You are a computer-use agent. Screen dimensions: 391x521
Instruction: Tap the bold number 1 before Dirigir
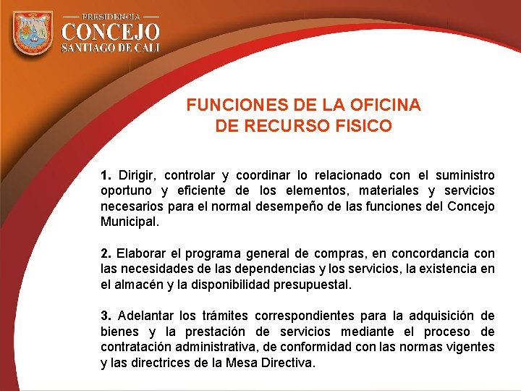click(106, 175)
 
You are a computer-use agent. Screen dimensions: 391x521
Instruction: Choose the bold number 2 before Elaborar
click(106, 253)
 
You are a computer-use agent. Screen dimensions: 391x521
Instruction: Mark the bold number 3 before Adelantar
click(106, 316)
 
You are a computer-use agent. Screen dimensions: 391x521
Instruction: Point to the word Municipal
click(127, 222)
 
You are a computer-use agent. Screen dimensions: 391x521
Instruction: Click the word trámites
click(224, 316)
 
